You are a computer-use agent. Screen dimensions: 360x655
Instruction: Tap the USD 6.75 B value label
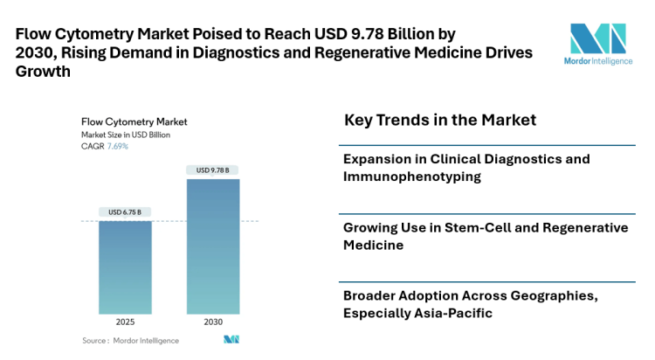coord(125,212)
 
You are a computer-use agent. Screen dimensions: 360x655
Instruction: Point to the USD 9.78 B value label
coord(213,170)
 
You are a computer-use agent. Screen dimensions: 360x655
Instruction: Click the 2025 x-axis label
coord(126,322)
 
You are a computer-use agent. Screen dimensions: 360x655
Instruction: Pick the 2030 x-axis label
coord(213,322)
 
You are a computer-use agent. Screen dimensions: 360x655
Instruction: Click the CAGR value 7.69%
coord(118,146)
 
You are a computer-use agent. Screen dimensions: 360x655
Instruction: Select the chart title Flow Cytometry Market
coord(134,121)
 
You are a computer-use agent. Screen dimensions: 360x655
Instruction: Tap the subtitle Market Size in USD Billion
coord(126,135)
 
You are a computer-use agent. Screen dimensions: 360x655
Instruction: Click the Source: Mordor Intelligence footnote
coord(130,340)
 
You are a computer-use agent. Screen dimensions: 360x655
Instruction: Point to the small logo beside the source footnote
coord(231,339)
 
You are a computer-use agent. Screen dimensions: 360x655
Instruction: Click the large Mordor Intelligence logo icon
coord(598,40)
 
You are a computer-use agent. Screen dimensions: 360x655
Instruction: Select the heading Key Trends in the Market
coord(440,120)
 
